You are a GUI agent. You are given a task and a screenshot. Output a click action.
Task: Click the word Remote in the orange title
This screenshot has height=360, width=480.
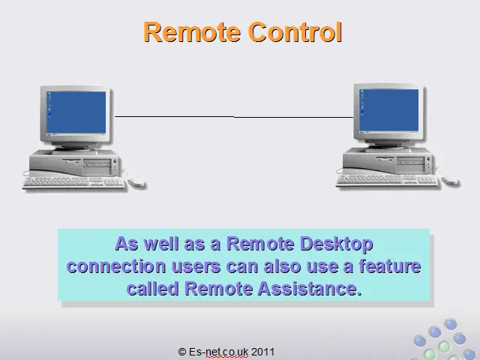coord(192,31)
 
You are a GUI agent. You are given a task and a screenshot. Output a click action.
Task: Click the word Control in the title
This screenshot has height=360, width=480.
coord(295,31)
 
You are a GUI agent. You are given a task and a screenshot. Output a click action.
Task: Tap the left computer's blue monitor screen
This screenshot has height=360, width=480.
coord(76,112)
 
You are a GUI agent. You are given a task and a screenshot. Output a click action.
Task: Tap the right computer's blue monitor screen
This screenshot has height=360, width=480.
coord(389,110)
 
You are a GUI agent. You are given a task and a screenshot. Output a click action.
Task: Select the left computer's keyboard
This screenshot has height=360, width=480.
coord(73,182)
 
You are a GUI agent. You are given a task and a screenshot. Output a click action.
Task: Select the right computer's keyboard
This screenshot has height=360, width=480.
coord(387,181)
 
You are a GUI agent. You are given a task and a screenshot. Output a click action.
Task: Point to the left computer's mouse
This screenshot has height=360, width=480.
coord(136,182)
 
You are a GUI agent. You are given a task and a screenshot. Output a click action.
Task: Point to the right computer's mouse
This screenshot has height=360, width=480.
coord(450,180)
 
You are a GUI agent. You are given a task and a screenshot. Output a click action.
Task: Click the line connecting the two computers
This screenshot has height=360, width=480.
coord(234,117)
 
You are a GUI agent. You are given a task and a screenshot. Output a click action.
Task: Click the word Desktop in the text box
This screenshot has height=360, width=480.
coord(337,244)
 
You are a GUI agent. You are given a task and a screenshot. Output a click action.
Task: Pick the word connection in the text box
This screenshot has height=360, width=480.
coord(116,266)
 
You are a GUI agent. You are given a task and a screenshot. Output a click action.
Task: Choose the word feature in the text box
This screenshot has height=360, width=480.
coord(390,265)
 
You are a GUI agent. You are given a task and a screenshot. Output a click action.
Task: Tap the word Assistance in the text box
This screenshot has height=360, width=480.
coord(310,288)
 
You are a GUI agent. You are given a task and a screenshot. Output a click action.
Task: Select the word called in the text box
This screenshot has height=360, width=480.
coord(152,288)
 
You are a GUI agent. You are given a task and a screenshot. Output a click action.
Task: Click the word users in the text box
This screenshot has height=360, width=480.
coord(196,267)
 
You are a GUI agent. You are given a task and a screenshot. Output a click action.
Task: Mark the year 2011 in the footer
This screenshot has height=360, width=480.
coord(262,352)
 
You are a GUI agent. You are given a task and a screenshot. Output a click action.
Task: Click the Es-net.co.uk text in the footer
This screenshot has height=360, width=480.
coord(218,352)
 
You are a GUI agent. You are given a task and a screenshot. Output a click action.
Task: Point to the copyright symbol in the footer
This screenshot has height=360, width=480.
coord(181,352)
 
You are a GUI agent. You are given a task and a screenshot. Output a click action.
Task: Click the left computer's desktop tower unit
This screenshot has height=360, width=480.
coord(74,163)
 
